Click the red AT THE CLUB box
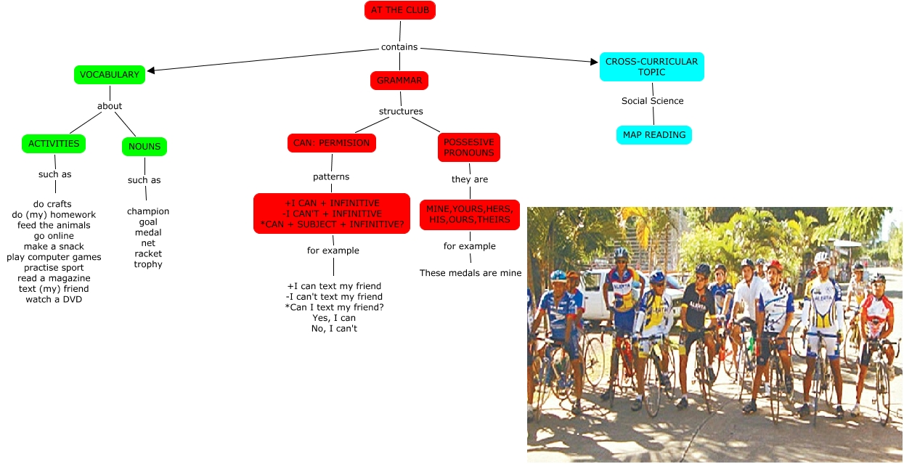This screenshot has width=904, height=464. pos(399,10)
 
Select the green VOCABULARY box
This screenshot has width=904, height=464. pos(110,75)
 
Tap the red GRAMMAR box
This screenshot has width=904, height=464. pos(399,81)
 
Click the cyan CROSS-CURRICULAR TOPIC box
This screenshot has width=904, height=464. pos(651,67)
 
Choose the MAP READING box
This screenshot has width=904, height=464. pos(653,135)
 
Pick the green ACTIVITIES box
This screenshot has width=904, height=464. pos(54,144)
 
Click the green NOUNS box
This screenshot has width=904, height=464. pos(144,147)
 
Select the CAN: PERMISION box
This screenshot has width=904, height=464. pos(331,143)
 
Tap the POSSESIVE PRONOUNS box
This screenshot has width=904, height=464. pos(468,147)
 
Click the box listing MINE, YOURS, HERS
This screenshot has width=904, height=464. pos(469,215)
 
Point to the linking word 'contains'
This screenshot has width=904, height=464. pos(399,47)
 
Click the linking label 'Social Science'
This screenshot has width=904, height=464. pos(652,101)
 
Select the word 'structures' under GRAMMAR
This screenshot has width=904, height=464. pos(401,111)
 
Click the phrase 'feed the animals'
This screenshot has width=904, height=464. pos(54,225)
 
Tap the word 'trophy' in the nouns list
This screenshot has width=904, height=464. pos(148,264)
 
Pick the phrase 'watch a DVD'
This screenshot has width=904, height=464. pos(54,299)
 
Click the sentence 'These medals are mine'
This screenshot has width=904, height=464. pos(471,273)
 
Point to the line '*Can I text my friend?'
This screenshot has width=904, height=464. pos(334,307)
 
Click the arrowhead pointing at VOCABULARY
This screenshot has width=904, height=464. pos(151,70)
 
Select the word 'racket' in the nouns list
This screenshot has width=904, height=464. pos(148,253)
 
